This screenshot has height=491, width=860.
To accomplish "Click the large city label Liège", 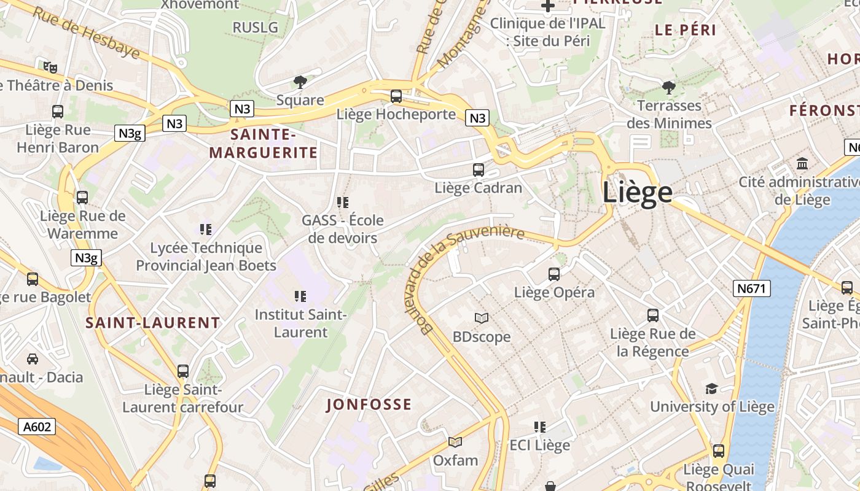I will (x=637, y=193).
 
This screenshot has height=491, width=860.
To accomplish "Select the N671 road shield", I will (x=751, y=288).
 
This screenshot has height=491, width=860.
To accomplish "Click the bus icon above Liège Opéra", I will (x=554, y=274).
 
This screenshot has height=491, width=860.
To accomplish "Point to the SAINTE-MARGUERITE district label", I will (x=264, y=143).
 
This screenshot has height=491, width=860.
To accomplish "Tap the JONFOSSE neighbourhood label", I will (x=369, y=404).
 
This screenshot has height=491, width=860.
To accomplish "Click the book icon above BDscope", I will (x=482, y=318).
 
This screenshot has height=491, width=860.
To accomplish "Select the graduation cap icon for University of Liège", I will (x=711, y=389).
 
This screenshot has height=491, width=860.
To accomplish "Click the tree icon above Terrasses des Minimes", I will (x=669, y=87).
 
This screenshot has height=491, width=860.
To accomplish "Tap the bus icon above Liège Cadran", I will (x=478, y=170).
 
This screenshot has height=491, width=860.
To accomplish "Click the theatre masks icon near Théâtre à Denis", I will (x=50, y=67).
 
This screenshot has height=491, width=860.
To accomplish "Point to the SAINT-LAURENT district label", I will (x=152, y=323).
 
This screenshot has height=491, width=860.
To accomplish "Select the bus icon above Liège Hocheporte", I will (x=396, y=96).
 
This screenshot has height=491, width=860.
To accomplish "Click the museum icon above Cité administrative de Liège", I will (x=802, y=164).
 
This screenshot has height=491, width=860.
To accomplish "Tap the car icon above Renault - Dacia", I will (x=33, y=359).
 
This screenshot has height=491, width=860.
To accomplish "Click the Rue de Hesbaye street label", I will (x=86, y=33).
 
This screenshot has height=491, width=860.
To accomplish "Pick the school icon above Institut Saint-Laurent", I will (x=300, y=297).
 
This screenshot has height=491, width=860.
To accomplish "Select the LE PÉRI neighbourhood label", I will (x=686, y=30).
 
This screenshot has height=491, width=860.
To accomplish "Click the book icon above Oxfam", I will (x=455, y=442).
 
